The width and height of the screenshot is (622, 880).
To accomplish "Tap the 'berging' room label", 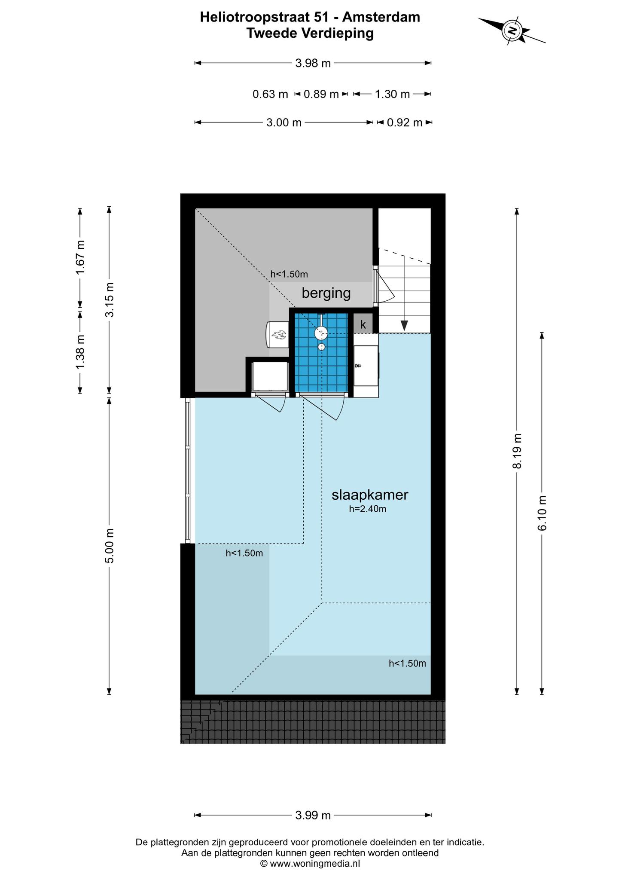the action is (x=326, y=293).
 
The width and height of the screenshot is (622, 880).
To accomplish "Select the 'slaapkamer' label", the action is (x=370, y=495).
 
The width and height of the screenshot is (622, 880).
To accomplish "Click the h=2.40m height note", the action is (x=368, y=510).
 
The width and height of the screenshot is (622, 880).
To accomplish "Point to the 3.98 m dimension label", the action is (x=313, y=63).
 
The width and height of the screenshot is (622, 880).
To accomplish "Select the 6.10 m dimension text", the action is (x=543, y=513).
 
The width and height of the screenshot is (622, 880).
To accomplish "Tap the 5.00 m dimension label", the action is (x=110, y=546).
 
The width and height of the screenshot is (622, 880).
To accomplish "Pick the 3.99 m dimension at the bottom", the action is (x=313, y=815).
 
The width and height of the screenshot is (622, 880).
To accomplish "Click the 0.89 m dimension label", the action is (x=321, y=94).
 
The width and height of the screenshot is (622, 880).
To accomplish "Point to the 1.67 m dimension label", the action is (x=80, y=257).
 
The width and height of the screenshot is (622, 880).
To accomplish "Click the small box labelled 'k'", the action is (x=363, y=324).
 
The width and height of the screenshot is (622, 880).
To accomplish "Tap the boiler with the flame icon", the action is (x=277, y=334).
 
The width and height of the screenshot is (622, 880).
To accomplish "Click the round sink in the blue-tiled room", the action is (x=321, y=333).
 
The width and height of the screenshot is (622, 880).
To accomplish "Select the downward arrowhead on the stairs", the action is (x=404, y=326).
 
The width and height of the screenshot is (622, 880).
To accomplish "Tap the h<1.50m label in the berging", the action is (x=289, y=274).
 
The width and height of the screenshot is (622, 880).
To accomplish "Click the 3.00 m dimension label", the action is (x=284, y=123).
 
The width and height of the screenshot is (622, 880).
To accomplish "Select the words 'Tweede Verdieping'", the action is (x=310, y=33).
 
